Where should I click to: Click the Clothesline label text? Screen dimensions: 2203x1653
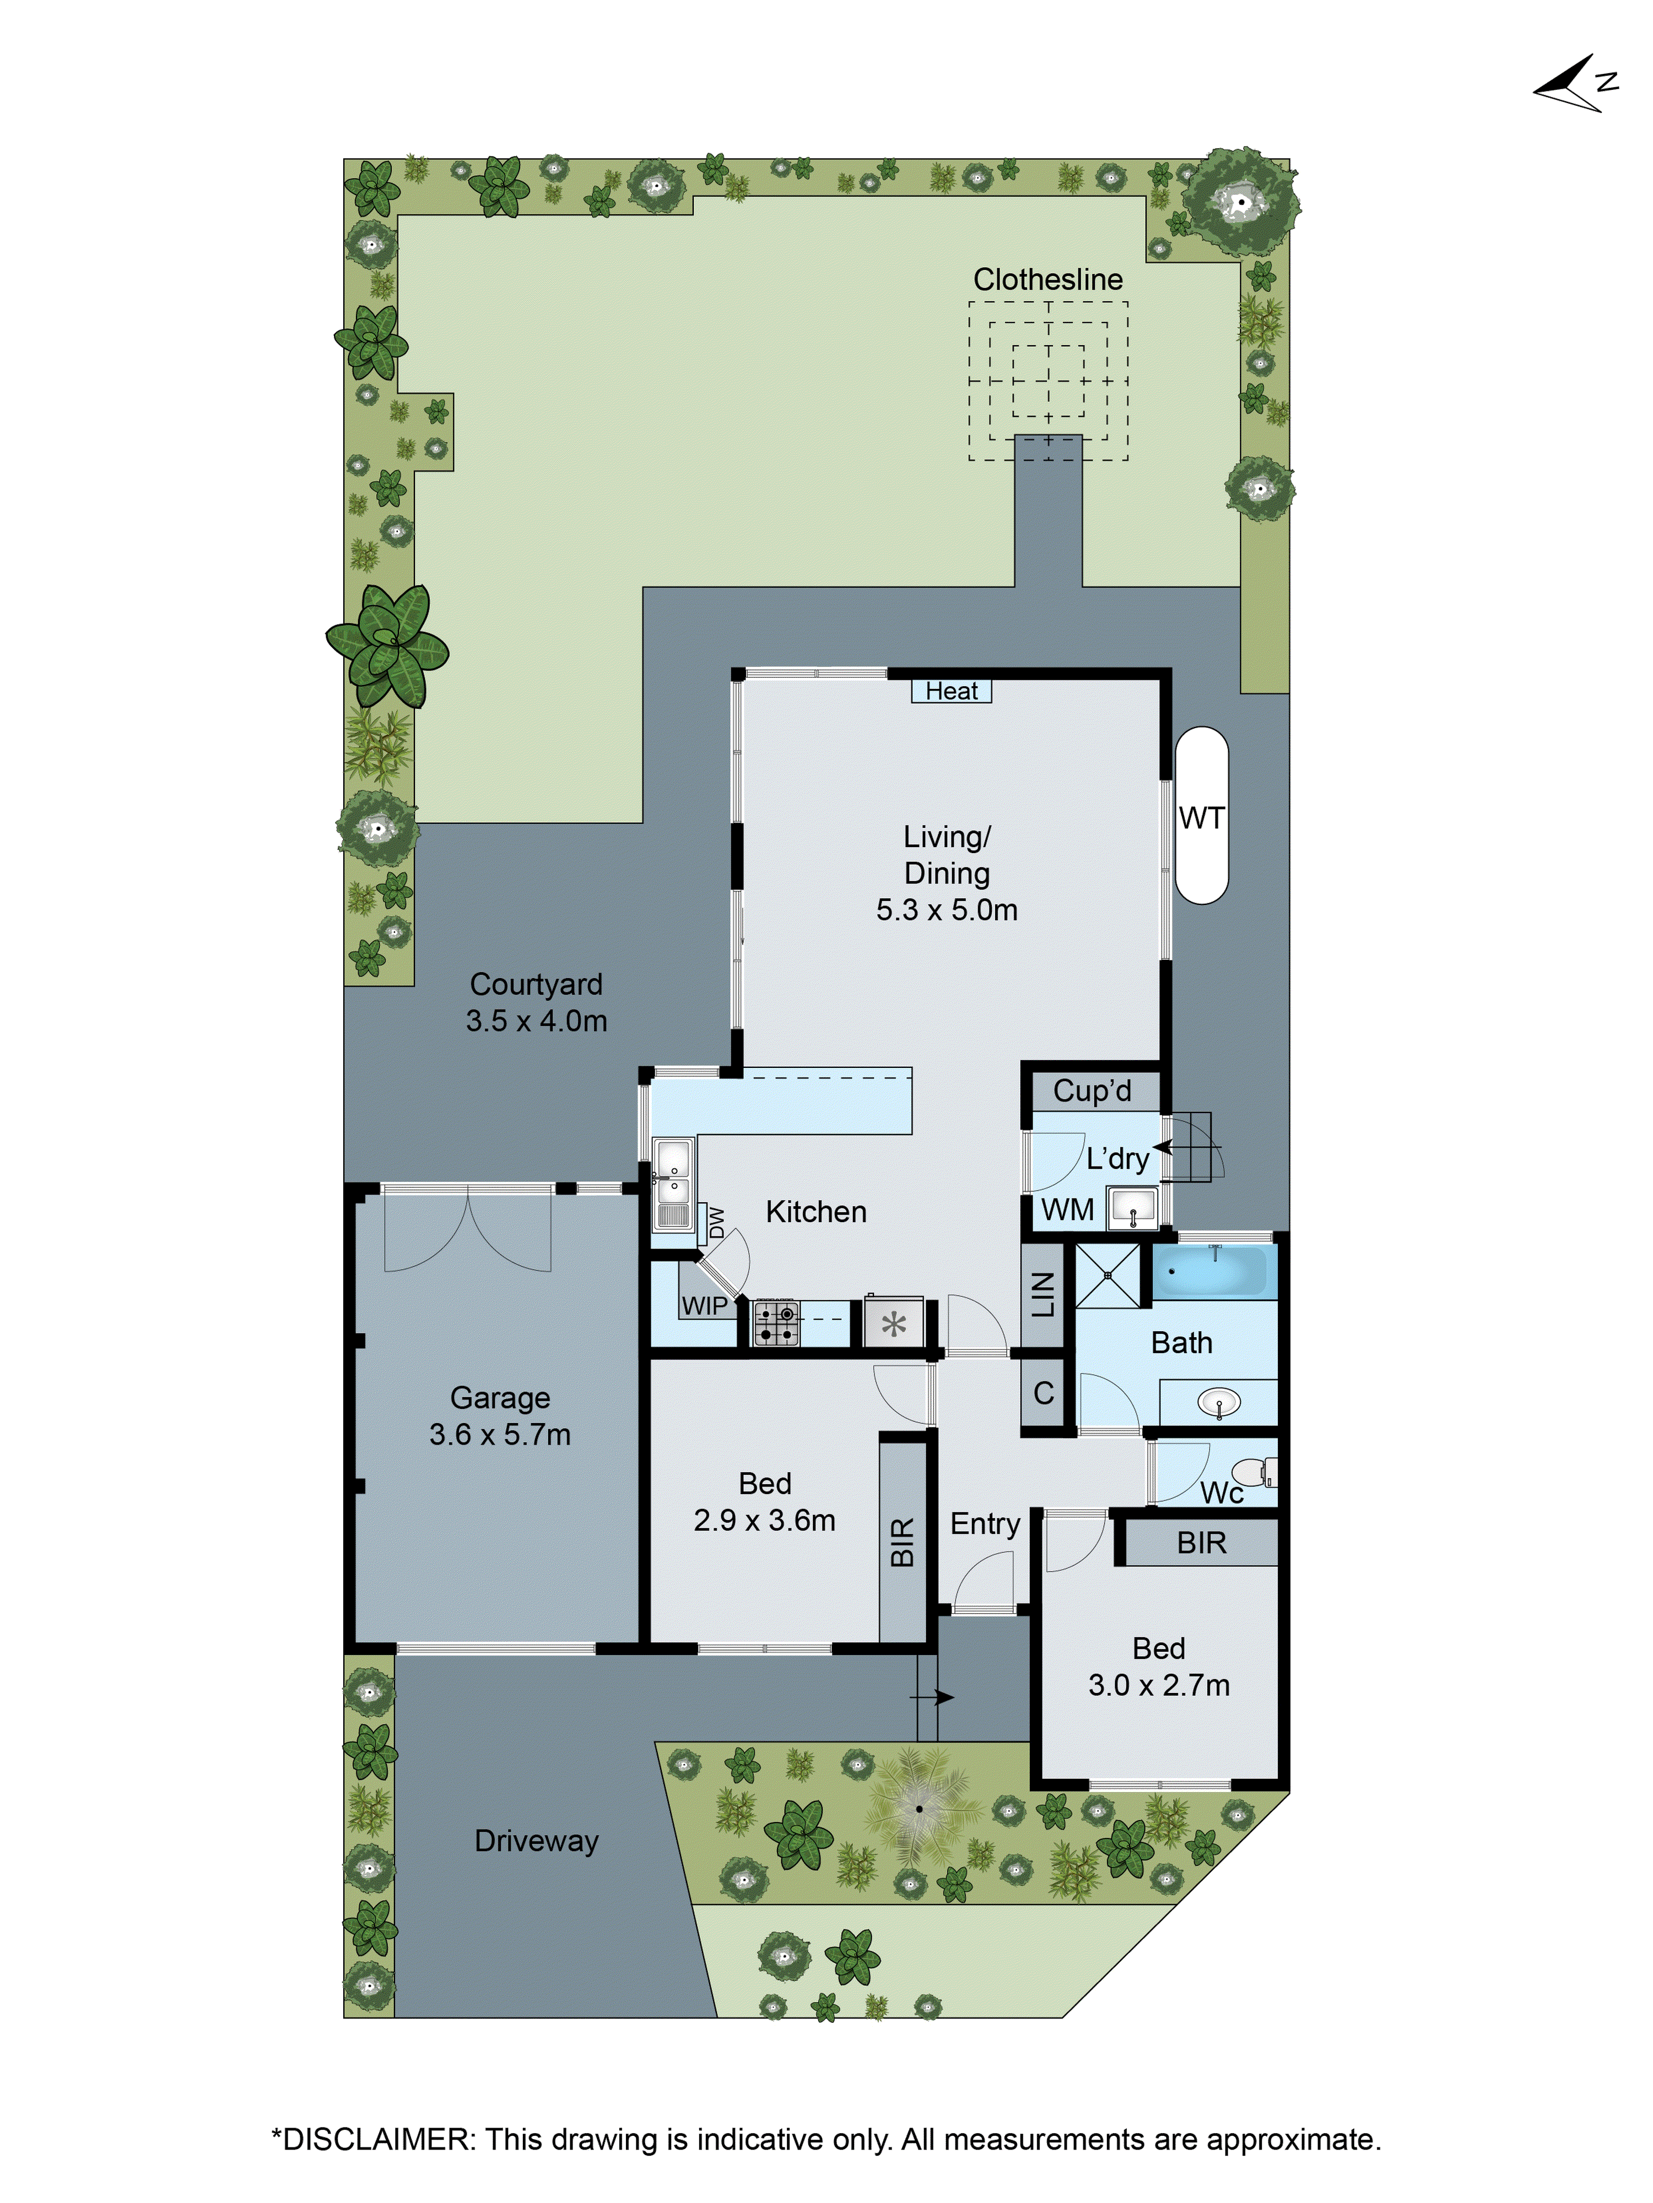(x=1047, y=280)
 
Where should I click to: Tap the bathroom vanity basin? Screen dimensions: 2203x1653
(x=1218, y=1403)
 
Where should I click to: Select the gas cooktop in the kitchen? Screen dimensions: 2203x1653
(x=775, y=1322)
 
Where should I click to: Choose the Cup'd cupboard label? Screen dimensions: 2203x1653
(x=1092, y=1090)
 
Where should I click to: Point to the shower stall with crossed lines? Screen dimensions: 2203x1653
(x=1107, y=1275)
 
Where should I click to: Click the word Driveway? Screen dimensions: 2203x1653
(x=536, y=1841)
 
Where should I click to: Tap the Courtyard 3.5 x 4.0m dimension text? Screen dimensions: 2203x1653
(x=536, y=1020)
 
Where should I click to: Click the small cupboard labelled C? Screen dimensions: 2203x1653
(x=1043, y=1392)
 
